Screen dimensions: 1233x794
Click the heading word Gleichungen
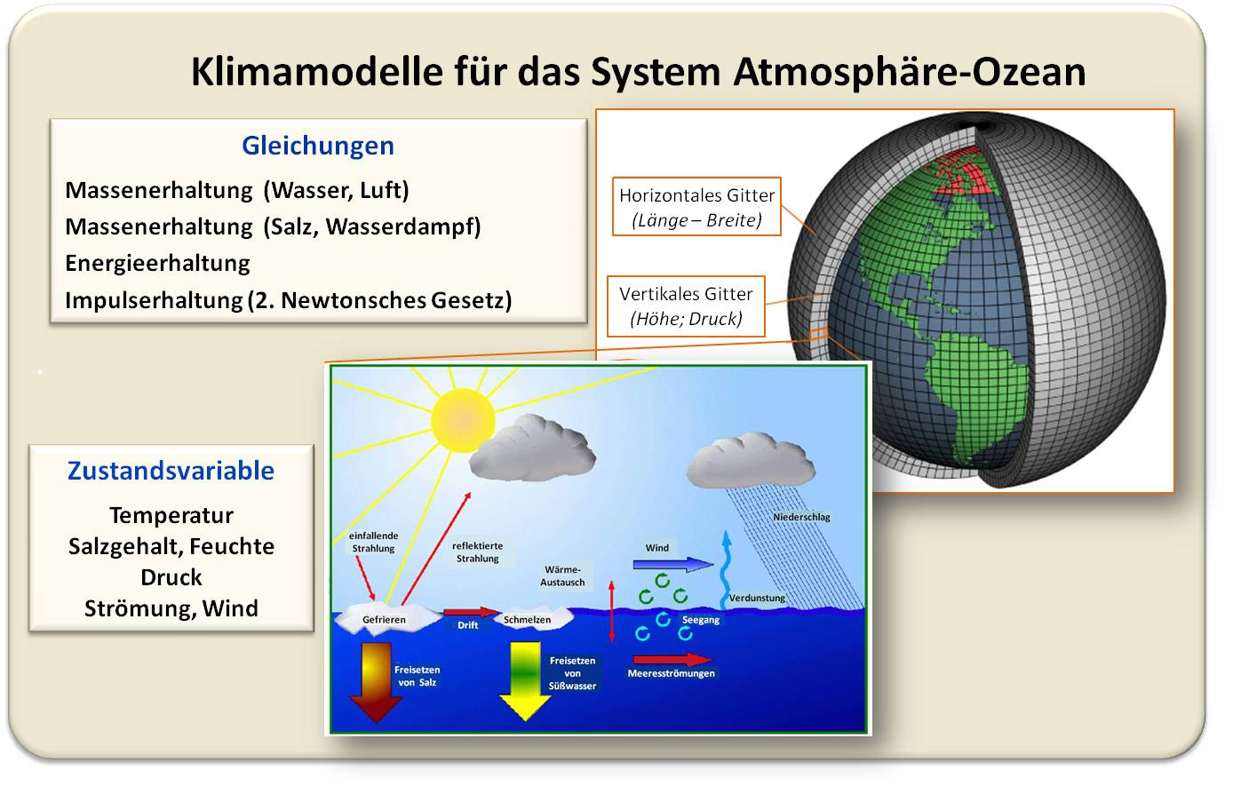pyautogui.click(x=318, y=147)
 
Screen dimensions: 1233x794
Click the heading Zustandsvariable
pyautogui.click(x=171, y=471)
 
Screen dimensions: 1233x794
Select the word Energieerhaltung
pyautogui.click(x=157, y=264)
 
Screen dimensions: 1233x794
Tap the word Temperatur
pyautogui.click(x=171, y=516)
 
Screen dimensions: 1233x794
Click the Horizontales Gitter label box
pyautogui.click(x=696, y=206)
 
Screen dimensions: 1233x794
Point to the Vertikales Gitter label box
pyautogui.click(x=686, y=306)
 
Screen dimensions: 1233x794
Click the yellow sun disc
pyautogui.click(x=463, y=420)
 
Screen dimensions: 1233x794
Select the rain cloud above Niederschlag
pyautogui.click(x=751, y=461)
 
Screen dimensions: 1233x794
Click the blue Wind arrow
pyautogui.click(x=673, y=565)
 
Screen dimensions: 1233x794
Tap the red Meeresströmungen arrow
pyautogui.click(x=672, y=659)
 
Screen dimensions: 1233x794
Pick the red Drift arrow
pyautogui.click(x=471, y=612)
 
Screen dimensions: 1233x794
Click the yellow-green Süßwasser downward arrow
pyautogui.click(x=525, y=681)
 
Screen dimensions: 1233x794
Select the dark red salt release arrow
pyautogui.click(x=377, y=682)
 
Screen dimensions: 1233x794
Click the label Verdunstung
pyautogui.click(x=757, y=598)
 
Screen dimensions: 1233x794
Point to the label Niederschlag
pyautogui.click(x=801, y=517)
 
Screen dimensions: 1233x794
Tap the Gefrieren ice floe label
pyautogui.click(x=384, y=620)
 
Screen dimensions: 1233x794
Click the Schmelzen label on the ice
pyautogui.click(x=527, y=620)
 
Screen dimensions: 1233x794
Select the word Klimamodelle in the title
pyautogui.click(x=317, y=72)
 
